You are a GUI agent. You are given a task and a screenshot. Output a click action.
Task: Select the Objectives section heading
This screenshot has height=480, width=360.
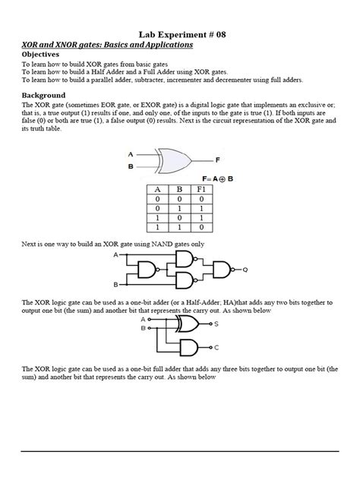coord(47,55)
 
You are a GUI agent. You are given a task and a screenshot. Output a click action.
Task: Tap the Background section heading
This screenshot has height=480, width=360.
coord(49,95)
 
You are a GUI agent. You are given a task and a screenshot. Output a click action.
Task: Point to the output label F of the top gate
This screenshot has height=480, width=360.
coord(217,160)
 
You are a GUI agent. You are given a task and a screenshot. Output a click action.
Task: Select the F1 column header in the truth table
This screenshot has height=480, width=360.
coord(201,190)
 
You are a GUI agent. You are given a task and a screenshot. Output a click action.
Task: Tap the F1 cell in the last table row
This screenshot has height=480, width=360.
coord(201,226)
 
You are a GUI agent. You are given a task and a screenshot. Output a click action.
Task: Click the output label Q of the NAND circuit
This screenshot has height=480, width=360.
coord(245,269)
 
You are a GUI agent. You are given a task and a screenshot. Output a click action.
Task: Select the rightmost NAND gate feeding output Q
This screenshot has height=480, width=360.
coord(221,269)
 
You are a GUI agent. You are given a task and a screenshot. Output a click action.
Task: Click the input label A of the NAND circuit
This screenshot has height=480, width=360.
coord(115,255)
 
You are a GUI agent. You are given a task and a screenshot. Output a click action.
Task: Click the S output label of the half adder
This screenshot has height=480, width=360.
coord(216,324)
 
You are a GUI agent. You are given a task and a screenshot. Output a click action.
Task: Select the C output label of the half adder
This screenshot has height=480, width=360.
coord(216,347)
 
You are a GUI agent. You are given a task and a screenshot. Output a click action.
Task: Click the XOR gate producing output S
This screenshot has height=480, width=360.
coord(188,324)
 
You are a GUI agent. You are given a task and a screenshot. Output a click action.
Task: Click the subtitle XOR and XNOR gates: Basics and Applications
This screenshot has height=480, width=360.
coord(107,45)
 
